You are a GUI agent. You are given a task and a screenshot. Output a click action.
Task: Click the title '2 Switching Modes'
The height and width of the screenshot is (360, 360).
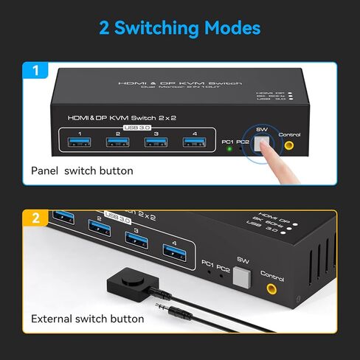point(180,29)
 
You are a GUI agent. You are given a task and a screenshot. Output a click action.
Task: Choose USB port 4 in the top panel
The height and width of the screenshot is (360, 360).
point(193,143)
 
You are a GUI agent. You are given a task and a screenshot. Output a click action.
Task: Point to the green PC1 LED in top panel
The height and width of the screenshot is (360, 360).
point(231,148)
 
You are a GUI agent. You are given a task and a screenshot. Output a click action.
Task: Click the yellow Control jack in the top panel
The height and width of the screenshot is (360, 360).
point(289,145)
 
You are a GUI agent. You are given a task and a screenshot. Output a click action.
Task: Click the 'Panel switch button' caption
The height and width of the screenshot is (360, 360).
point(82,170)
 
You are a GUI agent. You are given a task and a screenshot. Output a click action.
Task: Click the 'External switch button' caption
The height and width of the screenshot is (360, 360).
point(87,319)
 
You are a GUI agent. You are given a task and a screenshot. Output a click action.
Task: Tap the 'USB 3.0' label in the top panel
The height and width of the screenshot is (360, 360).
point(136,128)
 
